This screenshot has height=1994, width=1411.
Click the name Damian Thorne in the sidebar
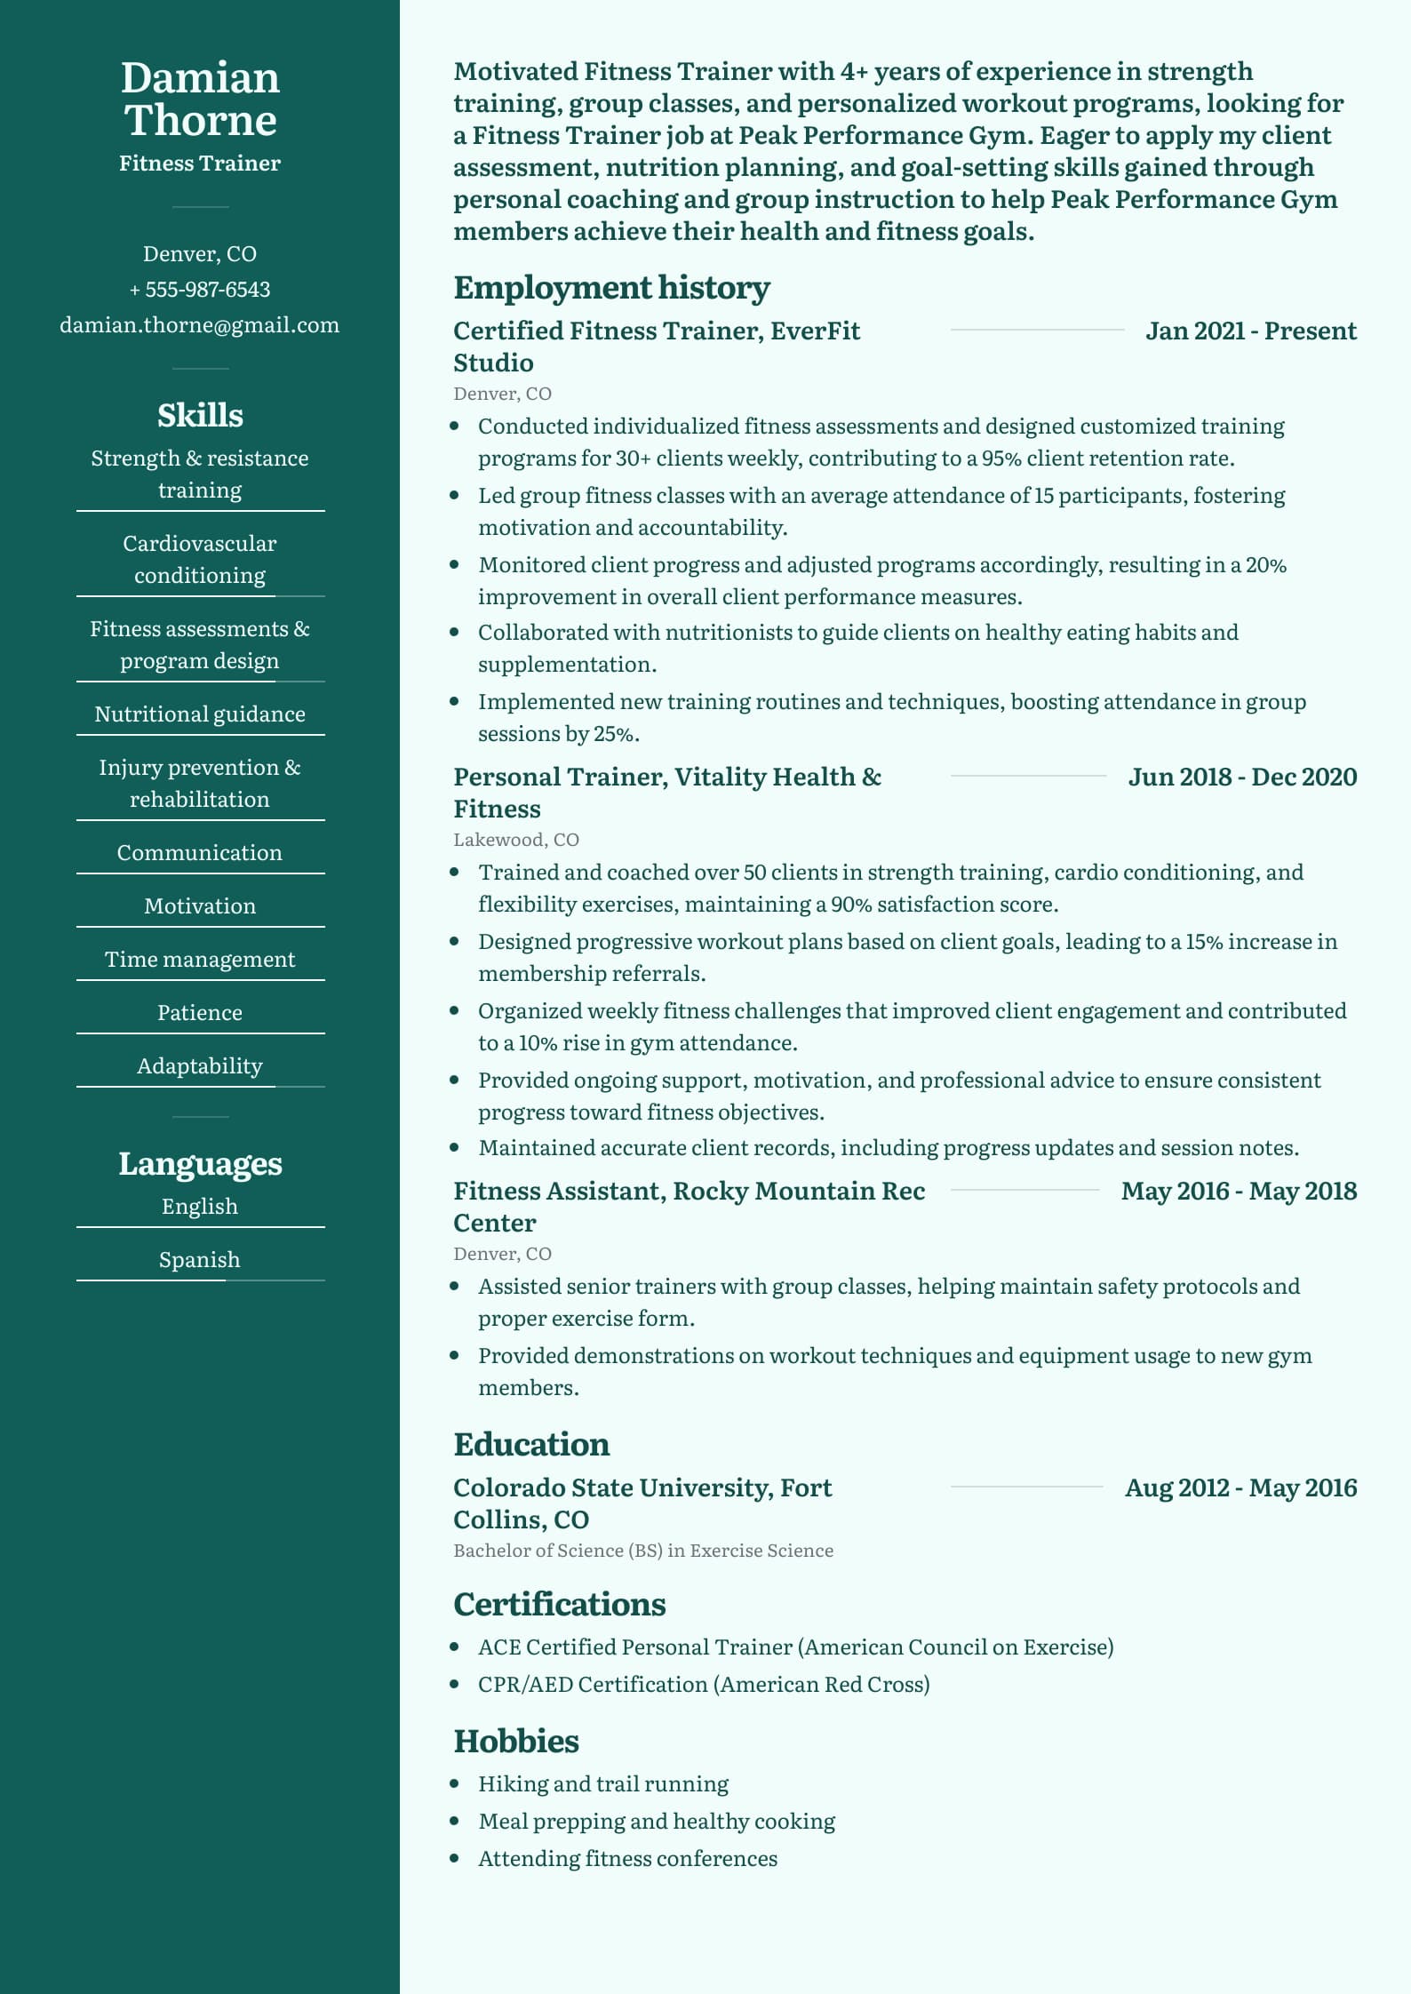200,99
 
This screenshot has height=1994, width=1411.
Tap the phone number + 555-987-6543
200,290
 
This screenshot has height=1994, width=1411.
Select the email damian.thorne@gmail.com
200,325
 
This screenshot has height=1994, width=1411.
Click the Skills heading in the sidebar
200,415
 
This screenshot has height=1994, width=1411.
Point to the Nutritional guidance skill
200,714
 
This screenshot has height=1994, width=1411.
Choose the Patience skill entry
200,1013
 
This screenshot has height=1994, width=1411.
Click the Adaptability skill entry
200,1066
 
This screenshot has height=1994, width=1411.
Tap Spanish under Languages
200,1260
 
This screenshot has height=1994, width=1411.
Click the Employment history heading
611,288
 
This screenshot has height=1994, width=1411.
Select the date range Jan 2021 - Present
1251,331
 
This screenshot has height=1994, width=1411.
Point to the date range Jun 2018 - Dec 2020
1242,778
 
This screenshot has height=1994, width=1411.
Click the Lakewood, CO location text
516,840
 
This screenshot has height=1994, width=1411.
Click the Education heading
531,1445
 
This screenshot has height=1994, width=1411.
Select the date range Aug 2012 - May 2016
1240,1488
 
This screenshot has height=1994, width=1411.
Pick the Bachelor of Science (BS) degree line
643,1551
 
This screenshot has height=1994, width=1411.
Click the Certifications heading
560,1605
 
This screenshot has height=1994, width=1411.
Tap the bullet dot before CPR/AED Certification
455,1684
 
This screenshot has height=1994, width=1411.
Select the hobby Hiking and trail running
603,1784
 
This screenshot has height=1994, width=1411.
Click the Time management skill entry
200,960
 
